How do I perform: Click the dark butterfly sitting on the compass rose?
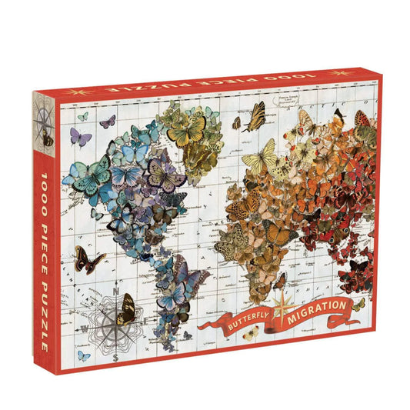pyautogui.click(x=125, y=308)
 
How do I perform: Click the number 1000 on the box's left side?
pyautogui.click(x=42, y=182)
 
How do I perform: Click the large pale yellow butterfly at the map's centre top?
pyautogui.click(x=263, y=158)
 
